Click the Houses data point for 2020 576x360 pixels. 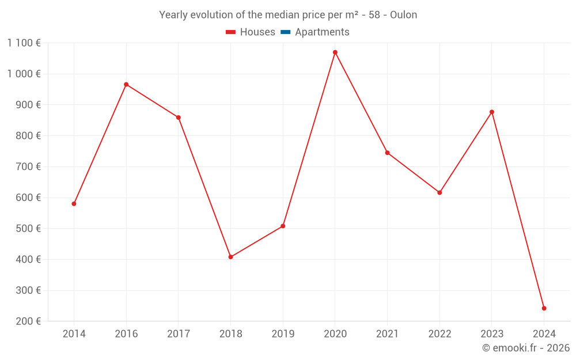tap(335, 52)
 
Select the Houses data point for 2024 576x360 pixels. tap(544, 308)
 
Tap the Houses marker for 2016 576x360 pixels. tap(126, 85)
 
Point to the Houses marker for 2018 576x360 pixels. tap(230, 257)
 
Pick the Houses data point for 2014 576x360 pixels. tap(74, 204)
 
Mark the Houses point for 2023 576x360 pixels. tap(492, 112)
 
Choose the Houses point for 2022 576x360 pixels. tap(439, 193)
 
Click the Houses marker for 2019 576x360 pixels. tap(283, 226)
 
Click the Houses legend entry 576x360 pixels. tap(257, 32)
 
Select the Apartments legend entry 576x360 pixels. tap(322, 32)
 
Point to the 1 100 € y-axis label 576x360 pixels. tap(24, 43)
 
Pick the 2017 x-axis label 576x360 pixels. tap(179, 334)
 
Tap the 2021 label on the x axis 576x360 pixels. tap(387, 334)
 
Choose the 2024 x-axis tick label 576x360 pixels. tap(544, 334)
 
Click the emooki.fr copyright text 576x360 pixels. tap(526, 348)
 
